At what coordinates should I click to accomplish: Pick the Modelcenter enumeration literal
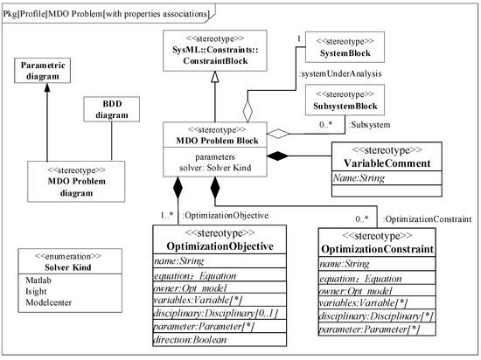coord(47,302)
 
